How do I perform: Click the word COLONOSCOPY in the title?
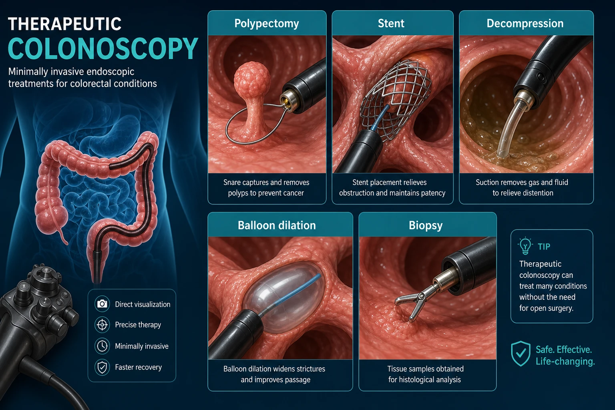coord(103,48)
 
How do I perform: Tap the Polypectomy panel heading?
coord(267,24)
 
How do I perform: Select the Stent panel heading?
coord(391,23)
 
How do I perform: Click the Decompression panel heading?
coord(525,24)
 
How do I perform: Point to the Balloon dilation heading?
coord(277,225)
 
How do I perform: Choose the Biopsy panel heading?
coord(426,225)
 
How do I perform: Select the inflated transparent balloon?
coord(284,298)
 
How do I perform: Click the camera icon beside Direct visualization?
coord(102,304)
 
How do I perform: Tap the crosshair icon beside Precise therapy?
coord(102,325)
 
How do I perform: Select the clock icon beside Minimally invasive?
coord(102,346)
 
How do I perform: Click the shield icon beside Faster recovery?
coord(102,367)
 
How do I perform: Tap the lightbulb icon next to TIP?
coord(525,245)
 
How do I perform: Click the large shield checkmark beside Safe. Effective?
coord(521,354)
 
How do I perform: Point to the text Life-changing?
coord(565,362)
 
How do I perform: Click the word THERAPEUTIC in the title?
coord(65,24)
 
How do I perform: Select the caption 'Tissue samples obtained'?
coord(425,369)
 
